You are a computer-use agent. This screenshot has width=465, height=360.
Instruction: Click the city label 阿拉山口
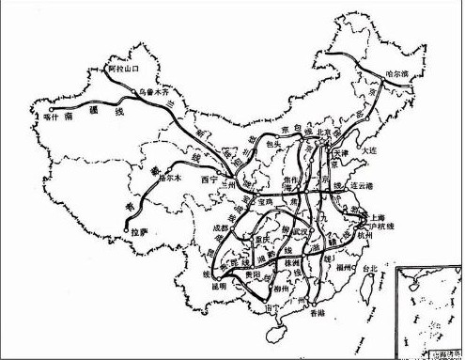click(x=119, y=70)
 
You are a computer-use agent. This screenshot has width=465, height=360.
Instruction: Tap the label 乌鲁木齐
click(x=154, y=93)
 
